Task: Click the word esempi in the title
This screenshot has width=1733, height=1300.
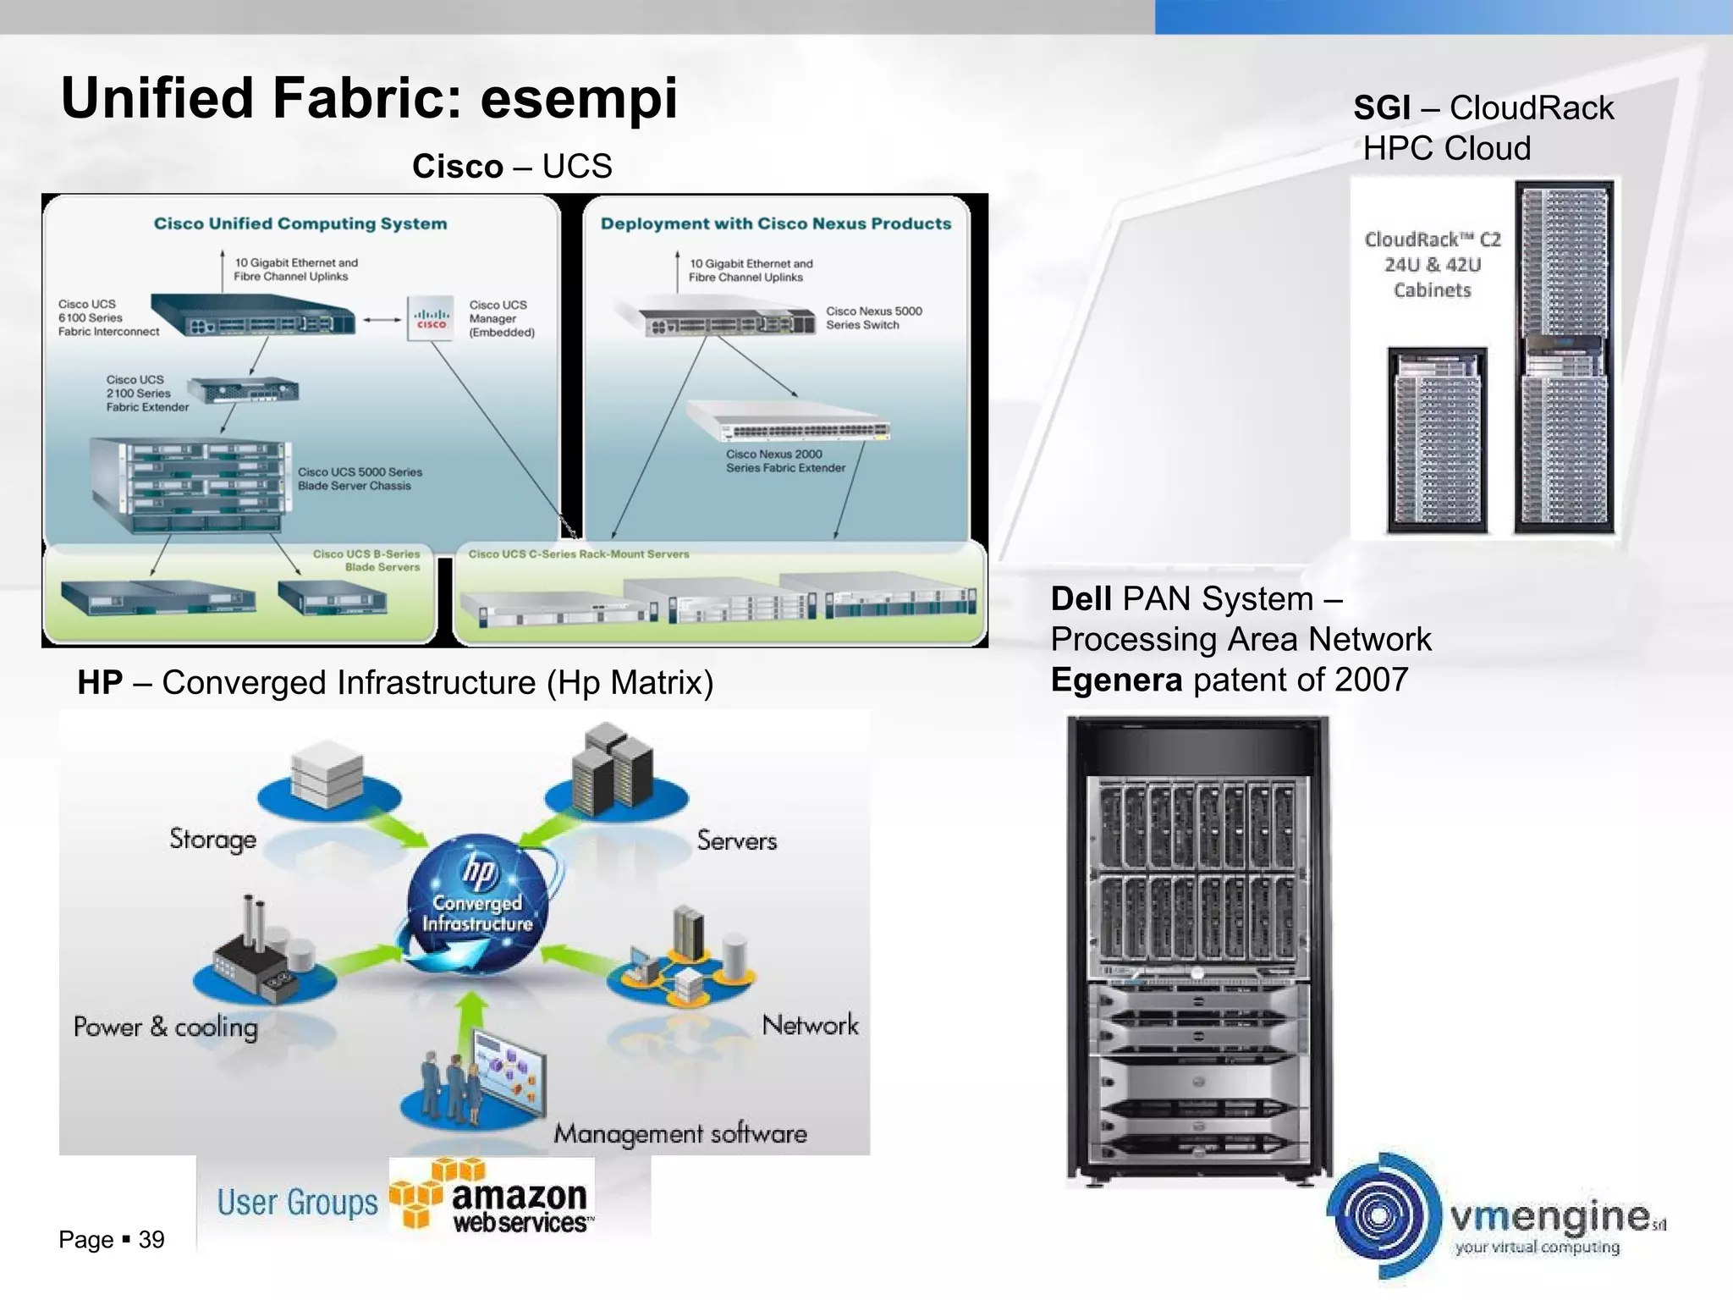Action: (x=579, y=99)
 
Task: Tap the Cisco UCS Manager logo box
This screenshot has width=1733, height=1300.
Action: (x=431, y=318)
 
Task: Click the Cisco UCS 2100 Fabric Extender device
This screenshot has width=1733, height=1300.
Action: (x=243, y=391)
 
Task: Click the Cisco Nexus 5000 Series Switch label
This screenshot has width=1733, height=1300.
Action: (x=873, y=318)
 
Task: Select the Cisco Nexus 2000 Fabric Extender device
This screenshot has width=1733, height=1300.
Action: (x=789, y=421)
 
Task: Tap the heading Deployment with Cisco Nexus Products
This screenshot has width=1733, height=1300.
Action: (x=775, y=223)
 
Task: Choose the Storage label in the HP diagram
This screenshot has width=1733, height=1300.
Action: (x=212, y=839)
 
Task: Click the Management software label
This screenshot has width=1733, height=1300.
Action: (x=680, y=1133)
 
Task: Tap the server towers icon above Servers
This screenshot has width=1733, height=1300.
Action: (x=617, y=770)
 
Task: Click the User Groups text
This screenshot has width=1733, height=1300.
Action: (x=297, y=1203)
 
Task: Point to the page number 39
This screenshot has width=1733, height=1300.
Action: (x=151, y=1240)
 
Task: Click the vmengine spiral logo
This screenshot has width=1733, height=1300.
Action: (x=1383, y=1215)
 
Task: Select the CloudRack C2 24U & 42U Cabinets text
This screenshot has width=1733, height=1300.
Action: (x=1433, y=265)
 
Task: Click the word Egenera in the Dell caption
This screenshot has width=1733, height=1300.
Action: (x=1116, y=680)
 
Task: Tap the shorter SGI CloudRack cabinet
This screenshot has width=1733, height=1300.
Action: (x=1437, y=440)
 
